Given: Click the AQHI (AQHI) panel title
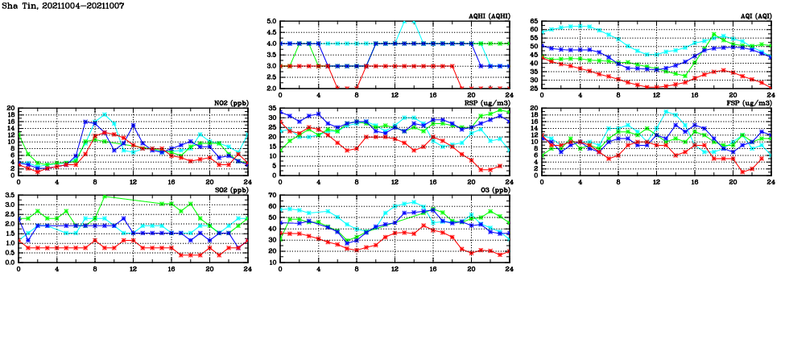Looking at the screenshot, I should coord(489,16).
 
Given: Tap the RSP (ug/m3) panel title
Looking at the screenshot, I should coord(489,103).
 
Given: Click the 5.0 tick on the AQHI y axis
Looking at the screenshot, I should coord(270,22).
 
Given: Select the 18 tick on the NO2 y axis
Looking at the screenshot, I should coord(10,116).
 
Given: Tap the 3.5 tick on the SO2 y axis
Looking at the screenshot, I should coord(8,196).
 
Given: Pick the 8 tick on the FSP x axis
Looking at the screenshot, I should coord(618,181).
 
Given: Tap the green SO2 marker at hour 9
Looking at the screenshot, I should coord(105,196).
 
